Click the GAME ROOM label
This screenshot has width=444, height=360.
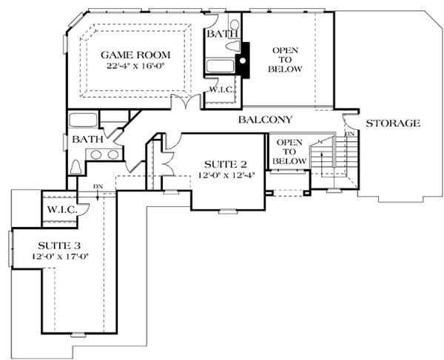point(135,55)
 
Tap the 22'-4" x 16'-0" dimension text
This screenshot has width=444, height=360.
point(135,66)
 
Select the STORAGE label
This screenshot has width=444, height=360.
point(393,123)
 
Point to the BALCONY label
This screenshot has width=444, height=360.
point(265,120)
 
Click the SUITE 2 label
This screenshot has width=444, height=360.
point(226,164)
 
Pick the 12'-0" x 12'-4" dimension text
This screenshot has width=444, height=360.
point(226,175)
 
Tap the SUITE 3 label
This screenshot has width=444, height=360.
point(59,245)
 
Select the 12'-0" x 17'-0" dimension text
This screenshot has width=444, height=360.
point(60,257)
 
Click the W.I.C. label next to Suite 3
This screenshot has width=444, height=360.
point(62,210)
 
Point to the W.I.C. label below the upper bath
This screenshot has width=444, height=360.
point(222,90)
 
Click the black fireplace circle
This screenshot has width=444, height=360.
point(243,61)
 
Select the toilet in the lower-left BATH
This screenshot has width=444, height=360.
point(75,167)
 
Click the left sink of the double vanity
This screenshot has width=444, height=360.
point(96,154)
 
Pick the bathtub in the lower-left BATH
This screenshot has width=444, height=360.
point(83,120)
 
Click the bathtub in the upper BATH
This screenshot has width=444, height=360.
point(220,67)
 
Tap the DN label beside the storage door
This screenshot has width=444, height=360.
point(350,134)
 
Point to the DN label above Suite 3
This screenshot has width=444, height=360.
point(98,186)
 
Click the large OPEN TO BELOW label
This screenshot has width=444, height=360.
point(285,60)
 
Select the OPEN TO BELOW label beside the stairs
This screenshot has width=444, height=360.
point(289,152)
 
